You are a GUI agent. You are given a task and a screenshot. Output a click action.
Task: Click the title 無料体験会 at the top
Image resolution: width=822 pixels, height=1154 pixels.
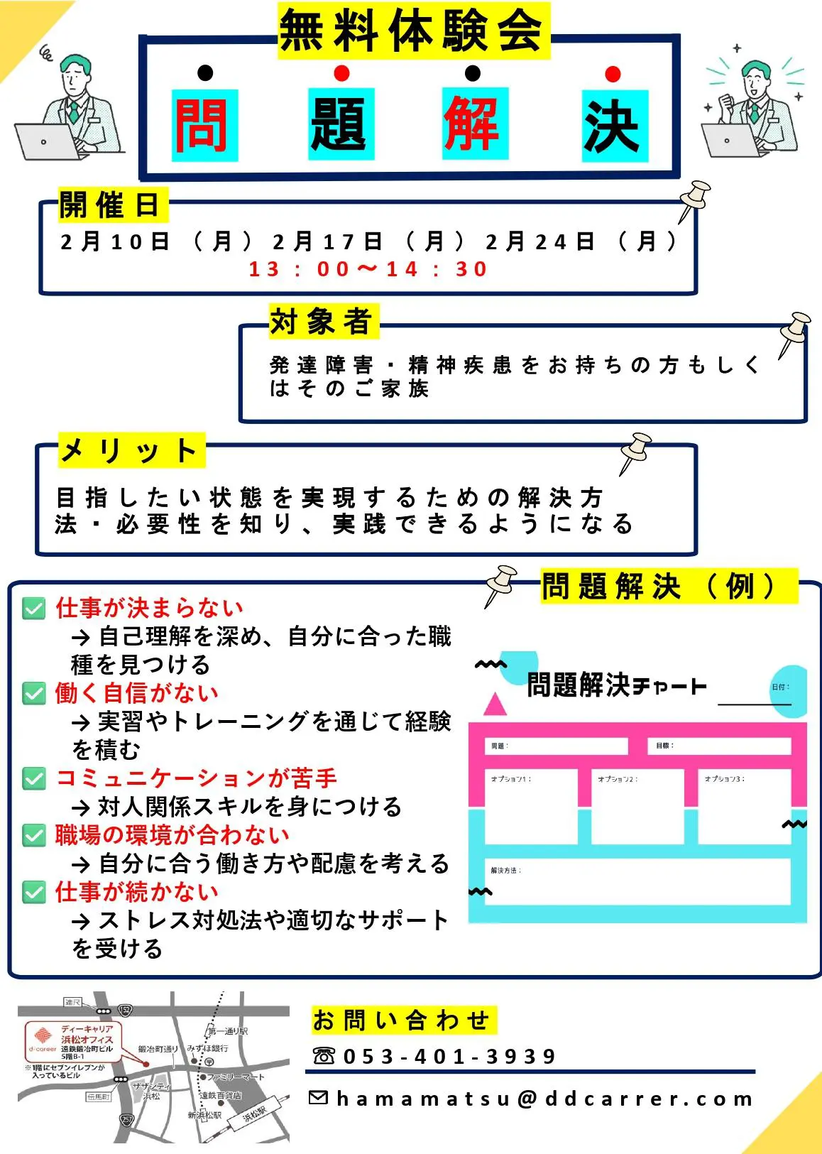(x=413, y=31)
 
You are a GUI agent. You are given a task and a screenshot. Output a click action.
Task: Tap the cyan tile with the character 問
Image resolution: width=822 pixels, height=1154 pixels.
(x=204, y=125)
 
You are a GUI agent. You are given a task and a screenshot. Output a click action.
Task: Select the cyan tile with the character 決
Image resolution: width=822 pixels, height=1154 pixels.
(x=614, y=126)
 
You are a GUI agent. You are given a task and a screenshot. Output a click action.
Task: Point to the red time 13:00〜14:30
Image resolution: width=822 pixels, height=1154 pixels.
(x=368, y=269)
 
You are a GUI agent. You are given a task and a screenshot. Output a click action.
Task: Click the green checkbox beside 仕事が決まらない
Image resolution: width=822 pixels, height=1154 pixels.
(x=33, y=609)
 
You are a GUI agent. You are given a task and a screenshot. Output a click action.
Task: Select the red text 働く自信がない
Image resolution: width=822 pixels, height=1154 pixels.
(x=137, y=693)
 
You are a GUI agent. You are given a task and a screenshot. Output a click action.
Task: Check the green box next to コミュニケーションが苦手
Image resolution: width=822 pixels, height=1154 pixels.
(x=33, y=778)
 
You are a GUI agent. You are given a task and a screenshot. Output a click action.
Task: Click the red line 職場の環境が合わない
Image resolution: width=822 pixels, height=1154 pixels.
(x=172, y=835)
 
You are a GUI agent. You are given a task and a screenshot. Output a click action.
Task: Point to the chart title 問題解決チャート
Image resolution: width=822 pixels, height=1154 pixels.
(x=615, y=686)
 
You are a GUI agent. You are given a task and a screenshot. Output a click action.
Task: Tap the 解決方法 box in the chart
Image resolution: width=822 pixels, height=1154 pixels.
(x=637, y=881)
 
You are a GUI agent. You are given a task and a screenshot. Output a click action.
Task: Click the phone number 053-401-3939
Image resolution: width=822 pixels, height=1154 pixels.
(x=449, y=1057)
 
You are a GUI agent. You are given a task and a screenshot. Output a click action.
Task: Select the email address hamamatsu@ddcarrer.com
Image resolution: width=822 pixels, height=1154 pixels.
(x=544, y=1099)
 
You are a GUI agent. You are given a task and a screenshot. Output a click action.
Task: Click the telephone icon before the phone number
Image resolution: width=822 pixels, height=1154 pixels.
(x=324, y=1056)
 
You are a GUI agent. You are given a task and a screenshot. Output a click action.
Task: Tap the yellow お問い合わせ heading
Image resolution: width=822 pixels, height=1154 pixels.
(x=402, y=1020)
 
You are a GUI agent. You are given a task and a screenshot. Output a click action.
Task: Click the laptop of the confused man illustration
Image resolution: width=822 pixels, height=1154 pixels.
(x=44, y=141)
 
